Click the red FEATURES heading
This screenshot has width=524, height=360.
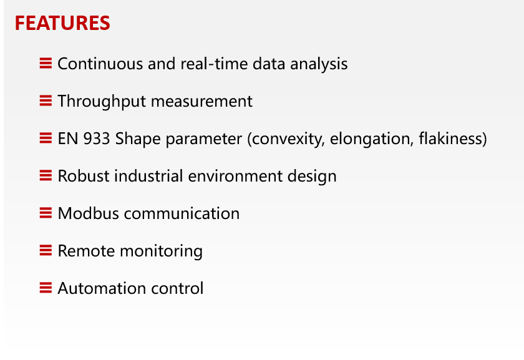(62, 23)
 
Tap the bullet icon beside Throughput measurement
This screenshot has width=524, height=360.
(46, 100)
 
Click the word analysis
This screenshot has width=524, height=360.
(319, 64)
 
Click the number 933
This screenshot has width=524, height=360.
(97, 139)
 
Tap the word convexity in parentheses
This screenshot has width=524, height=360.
(286, 139)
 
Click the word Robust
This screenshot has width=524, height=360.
(83, 176)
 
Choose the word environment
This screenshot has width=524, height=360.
(235, 177)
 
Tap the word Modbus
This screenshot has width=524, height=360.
(88, 213)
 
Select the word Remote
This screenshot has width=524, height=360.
(86, 251)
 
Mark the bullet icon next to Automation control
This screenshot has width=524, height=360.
(46, 288)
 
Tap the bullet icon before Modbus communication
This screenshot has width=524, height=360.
(46, 213)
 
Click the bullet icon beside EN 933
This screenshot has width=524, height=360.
(46, 138)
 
